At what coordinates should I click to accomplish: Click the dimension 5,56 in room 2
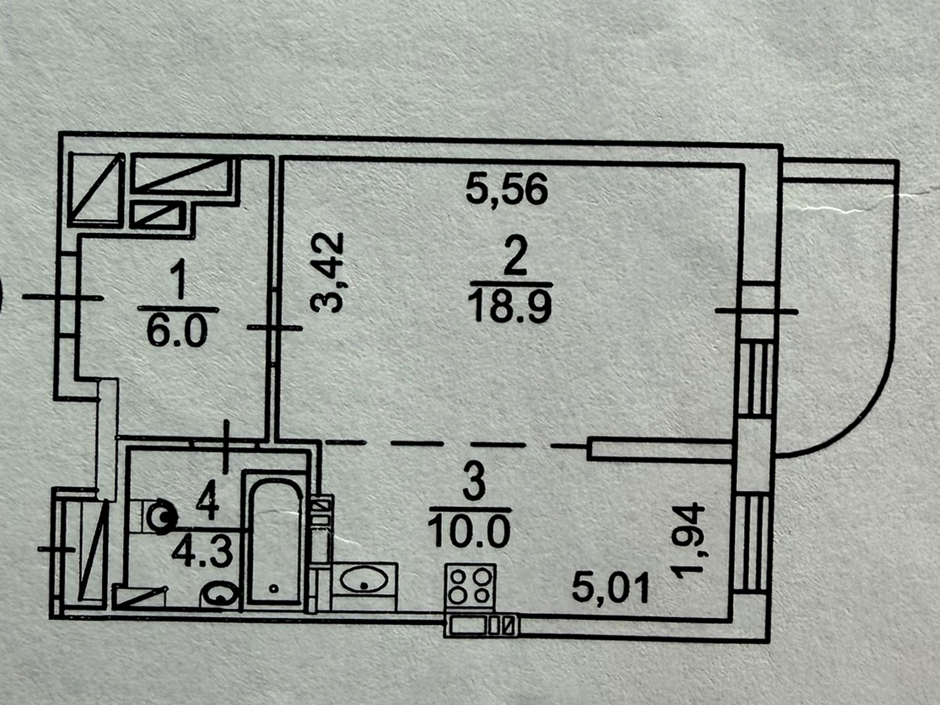tap(506, 190)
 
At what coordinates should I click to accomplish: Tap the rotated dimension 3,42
tap(327, 272)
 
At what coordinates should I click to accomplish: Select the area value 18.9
tap(510, 305)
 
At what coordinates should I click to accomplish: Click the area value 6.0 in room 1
tap(177, 331)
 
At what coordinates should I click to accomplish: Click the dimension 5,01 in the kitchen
tap(611, 587)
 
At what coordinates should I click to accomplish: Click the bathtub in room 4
tap(274, 539)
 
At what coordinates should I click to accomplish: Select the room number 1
tap(179, 279)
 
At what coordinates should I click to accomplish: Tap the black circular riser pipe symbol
tap(162, 516)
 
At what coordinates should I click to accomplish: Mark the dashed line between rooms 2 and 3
tap(455, 444)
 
